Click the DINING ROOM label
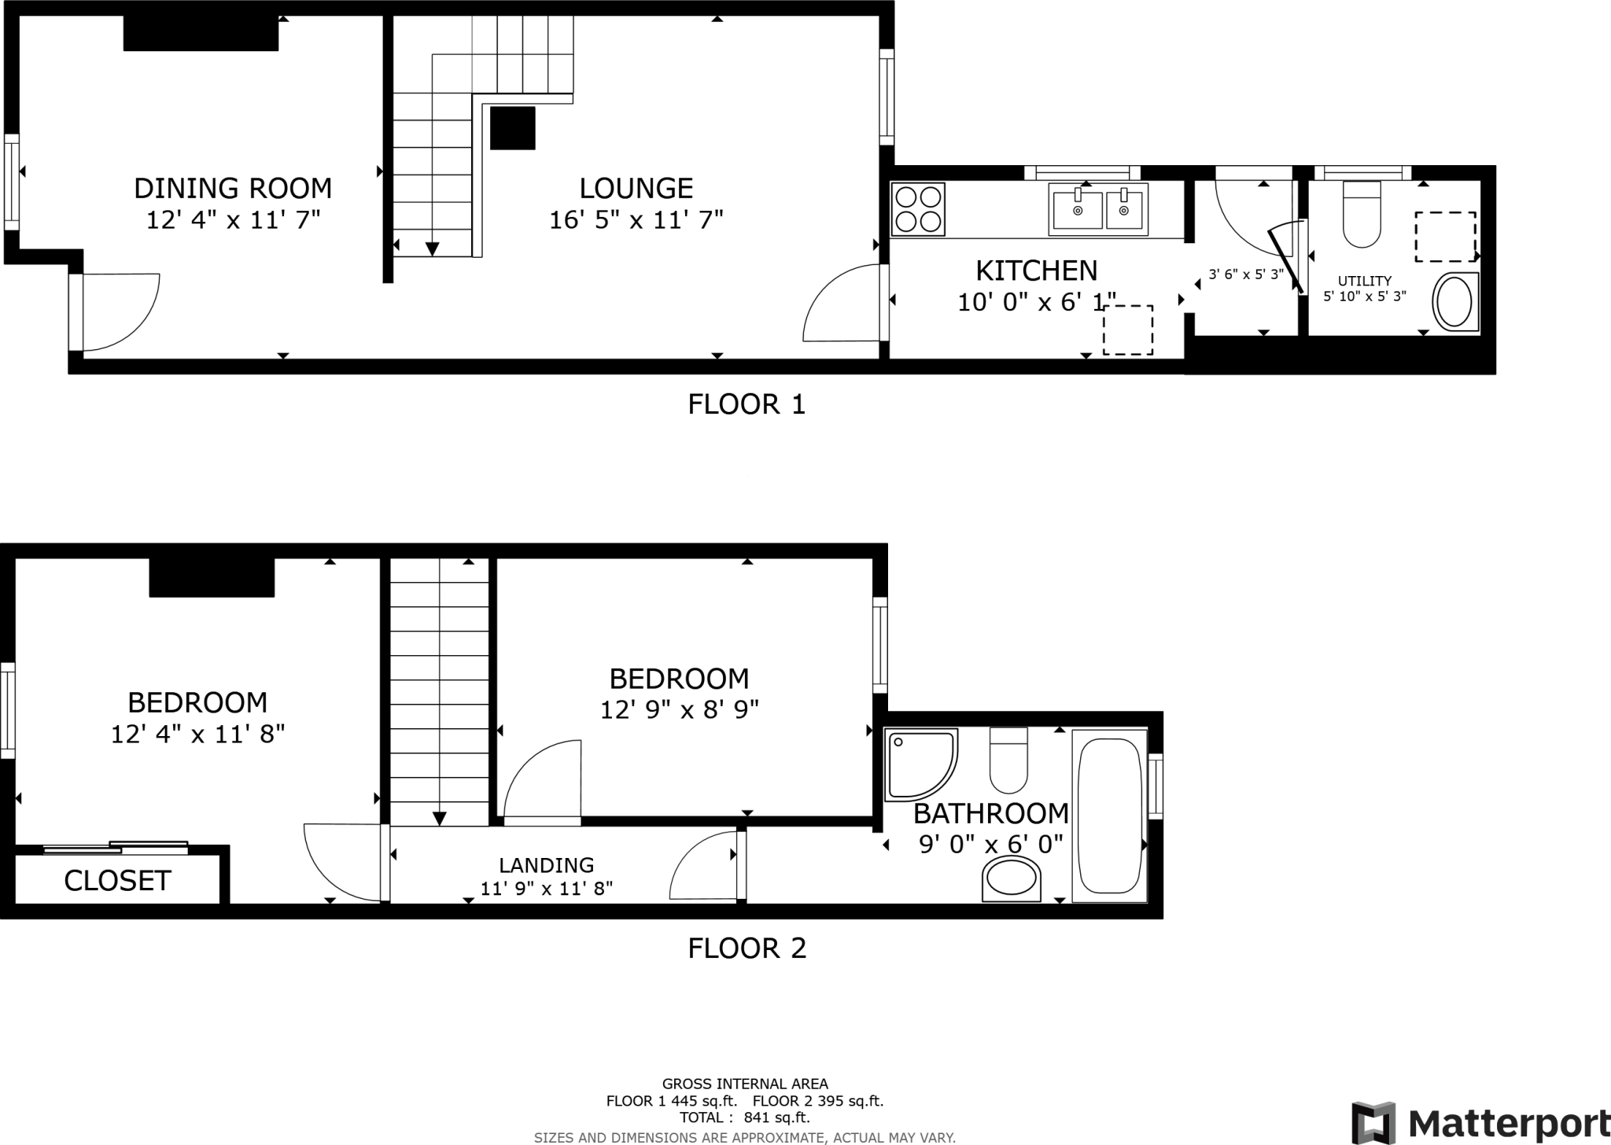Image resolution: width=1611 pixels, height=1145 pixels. point(233,189)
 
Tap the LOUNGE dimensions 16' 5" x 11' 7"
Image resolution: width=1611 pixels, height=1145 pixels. point(636,220)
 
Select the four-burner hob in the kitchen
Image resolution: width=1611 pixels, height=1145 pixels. point(918,209)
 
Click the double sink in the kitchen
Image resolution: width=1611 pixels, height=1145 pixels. point(1098,209)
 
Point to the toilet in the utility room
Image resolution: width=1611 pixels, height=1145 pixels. point(1362,214)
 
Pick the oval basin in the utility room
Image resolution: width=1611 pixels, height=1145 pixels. point(1455,301)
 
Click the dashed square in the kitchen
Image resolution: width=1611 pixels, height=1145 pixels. point(1127,330)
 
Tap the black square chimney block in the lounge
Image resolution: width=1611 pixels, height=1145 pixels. point(512,128)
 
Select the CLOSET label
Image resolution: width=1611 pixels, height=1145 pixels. point(117,881)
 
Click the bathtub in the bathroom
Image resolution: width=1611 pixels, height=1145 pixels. point(1110,815)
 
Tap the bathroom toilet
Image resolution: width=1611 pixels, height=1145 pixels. point(1008,760)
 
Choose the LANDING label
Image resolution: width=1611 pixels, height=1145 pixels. point(546,865)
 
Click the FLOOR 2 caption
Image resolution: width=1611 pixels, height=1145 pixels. point(747,948)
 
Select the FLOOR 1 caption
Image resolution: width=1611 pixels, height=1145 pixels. point(747,404)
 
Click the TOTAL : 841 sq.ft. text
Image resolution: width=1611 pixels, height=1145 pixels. point(744,1117)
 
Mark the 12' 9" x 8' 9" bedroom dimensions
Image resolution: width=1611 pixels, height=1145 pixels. point(679,710)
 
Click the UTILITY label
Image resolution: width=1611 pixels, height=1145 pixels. point(1364,281)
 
